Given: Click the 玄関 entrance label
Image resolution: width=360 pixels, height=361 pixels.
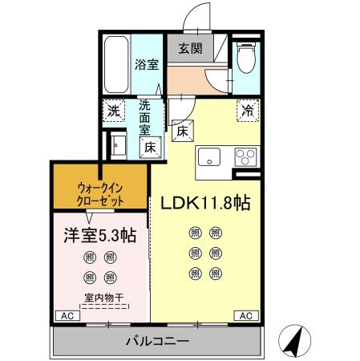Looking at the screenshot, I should click(190, 48).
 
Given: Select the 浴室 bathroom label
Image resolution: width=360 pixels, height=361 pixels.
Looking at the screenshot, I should click(146, 63).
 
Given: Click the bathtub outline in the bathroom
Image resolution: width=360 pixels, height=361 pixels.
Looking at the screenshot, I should click(116, 64).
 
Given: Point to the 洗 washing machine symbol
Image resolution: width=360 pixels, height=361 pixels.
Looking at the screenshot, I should click(113, 110).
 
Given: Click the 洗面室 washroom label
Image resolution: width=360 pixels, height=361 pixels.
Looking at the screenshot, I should click(145, 116).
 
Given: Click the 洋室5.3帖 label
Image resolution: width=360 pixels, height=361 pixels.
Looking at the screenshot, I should click(99, 236).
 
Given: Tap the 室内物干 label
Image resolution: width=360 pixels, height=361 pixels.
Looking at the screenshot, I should click(100, 297).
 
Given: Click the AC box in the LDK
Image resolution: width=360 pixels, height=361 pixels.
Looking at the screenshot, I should click(245, 315).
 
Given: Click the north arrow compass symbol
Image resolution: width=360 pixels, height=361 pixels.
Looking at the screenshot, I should click(295, 343).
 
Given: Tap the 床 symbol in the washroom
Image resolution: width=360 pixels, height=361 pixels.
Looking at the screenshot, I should click(149, 146).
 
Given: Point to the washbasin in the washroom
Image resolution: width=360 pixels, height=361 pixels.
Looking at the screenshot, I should click(117, 145).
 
